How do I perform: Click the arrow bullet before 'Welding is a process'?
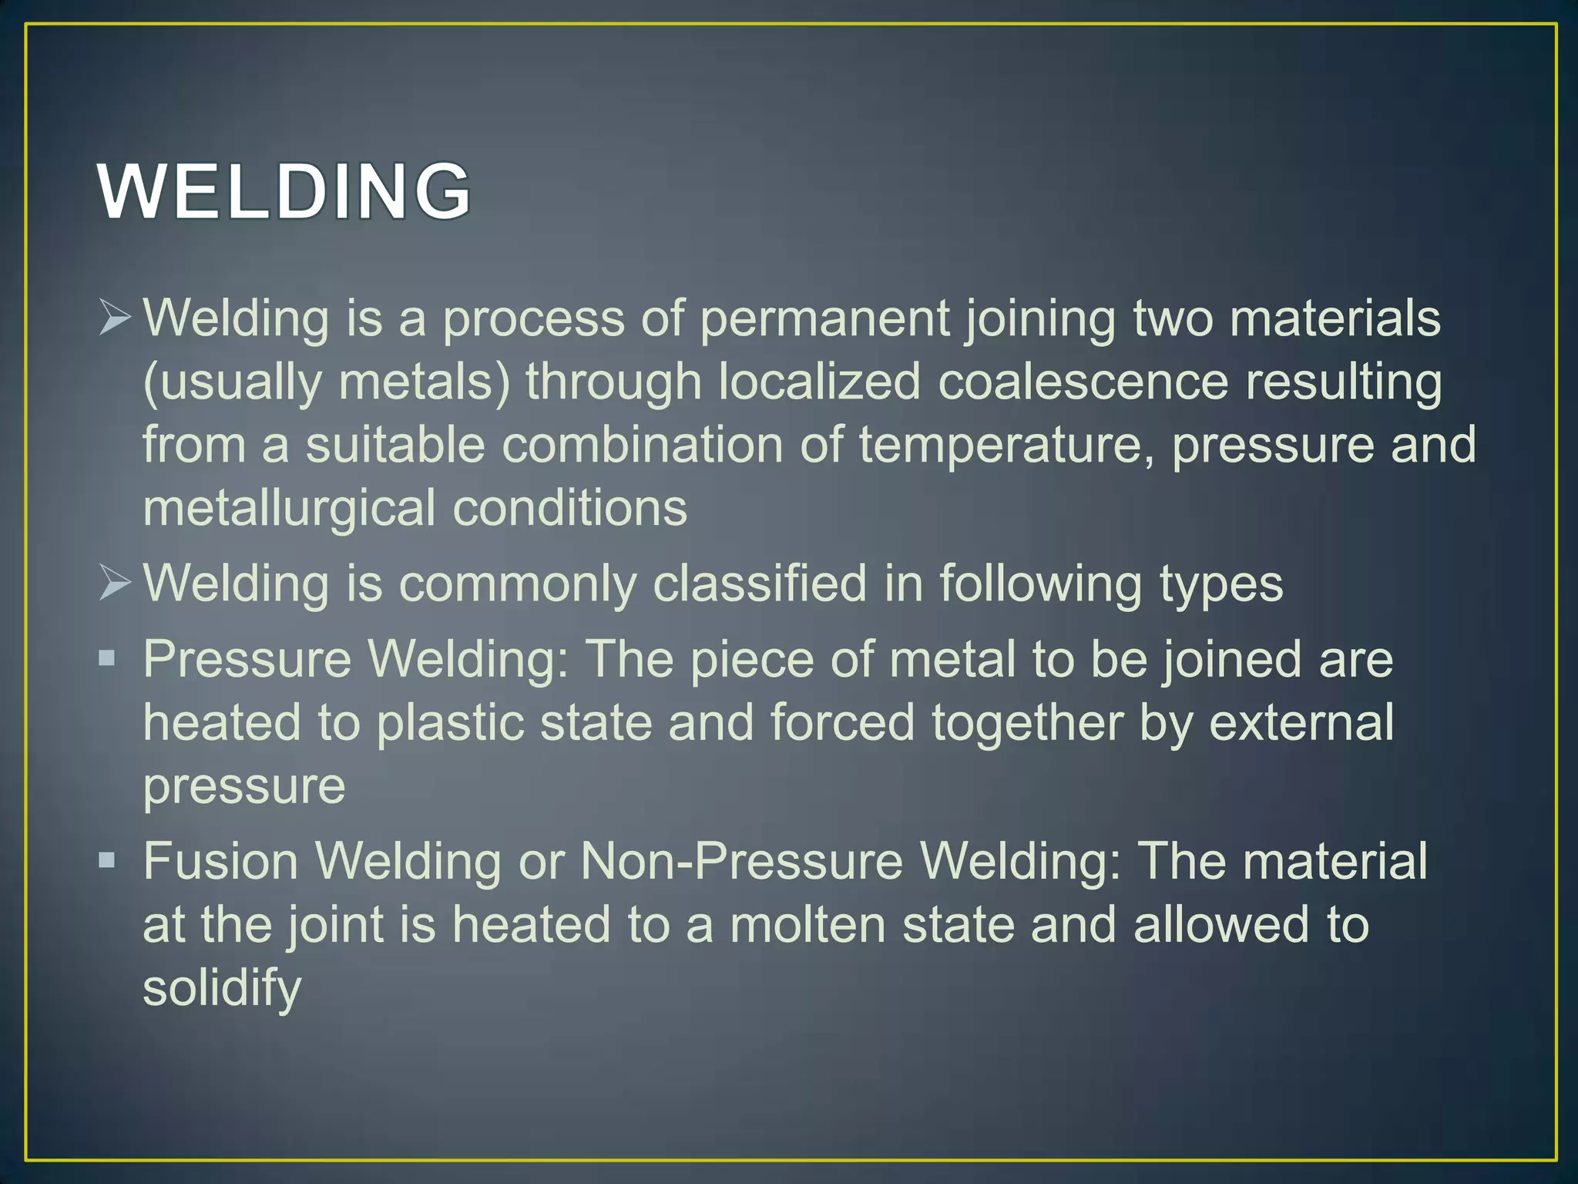pos(115,318)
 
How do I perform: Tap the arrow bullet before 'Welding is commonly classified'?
pos(115,582)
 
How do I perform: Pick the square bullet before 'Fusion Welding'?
pos(107,859)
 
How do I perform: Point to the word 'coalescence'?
pos(1083,382)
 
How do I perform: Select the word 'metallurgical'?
pos(290,509)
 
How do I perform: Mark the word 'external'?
pos(1301,722)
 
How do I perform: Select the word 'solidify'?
pos(222,989)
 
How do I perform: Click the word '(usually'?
pos(232,383)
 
